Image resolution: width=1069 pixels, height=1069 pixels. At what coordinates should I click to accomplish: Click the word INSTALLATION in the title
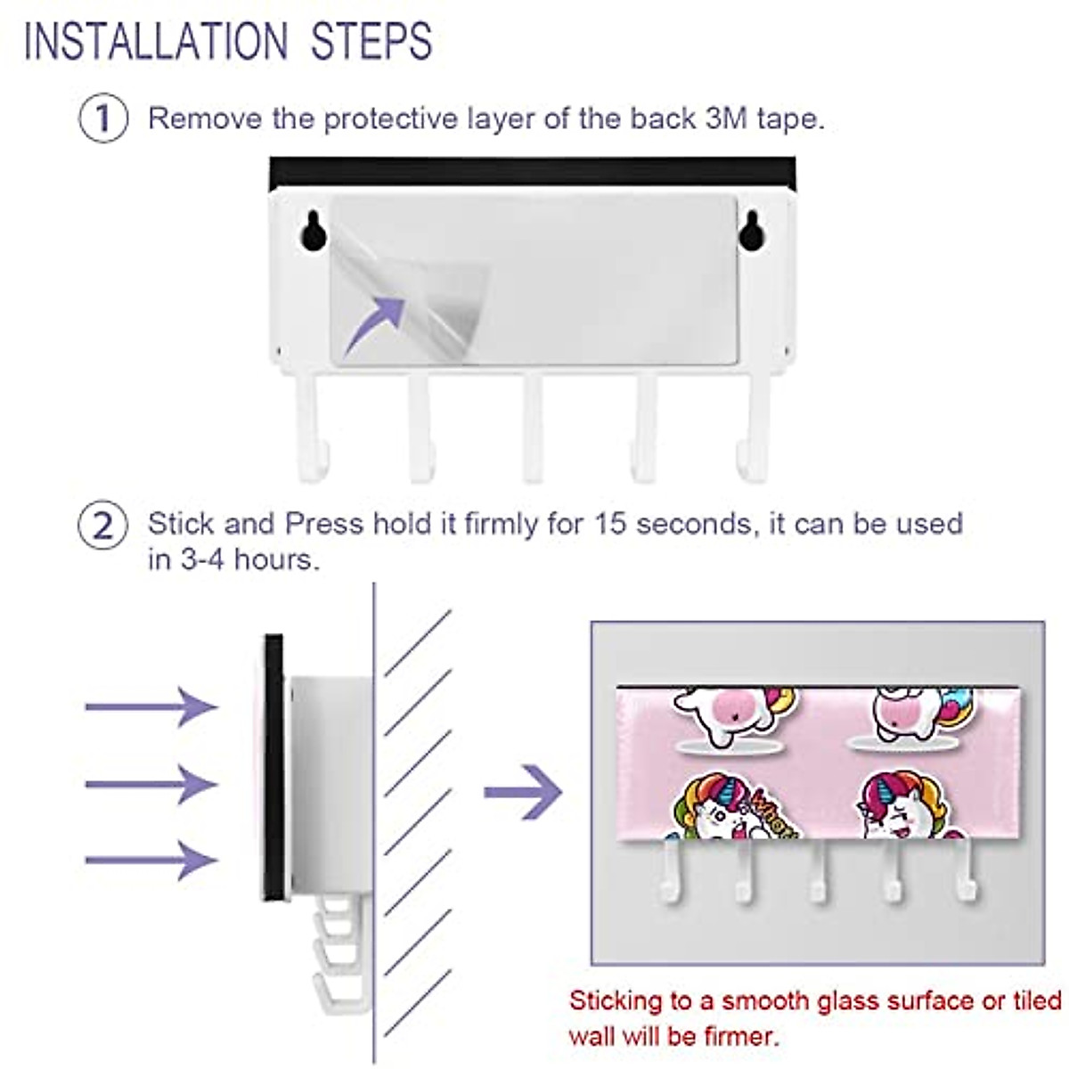(156, 41)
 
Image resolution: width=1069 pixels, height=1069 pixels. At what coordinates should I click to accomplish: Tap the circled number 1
(103, 118)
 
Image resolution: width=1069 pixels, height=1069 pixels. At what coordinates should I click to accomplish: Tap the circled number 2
(103, 526)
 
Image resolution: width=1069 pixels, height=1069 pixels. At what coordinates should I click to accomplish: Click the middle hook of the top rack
(533, 428)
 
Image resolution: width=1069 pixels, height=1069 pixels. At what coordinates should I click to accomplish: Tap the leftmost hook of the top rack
(312, 428)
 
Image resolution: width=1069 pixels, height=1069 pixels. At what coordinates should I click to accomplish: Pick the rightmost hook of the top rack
(753, 428)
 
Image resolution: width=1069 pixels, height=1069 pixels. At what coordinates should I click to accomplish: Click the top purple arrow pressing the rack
(151, 706)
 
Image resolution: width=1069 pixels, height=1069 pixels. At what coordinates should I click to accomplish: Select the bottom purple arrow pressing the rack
(151, 860)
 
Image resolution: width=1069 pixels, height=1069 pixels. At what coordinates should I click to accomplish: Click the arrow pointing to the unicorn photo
(523, 791)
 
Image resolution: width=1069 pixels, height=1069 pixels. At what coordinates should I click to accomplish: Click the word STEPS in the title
(371, 41)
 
